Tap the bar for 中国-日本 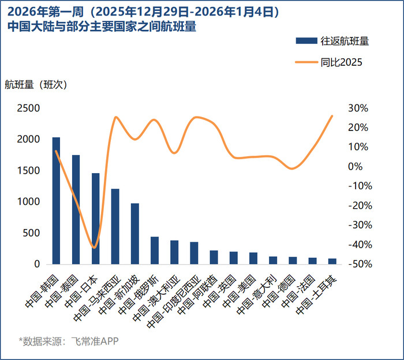(95, 219)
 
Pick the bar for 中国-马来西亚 (115, 226)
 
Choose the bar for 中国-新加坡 (134, 234)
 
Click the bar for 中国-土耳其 (332, 261)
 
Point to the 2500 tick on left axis (28, 108)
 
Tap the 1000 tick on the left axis (28, 202)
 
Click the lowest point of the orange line (94, 247)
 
